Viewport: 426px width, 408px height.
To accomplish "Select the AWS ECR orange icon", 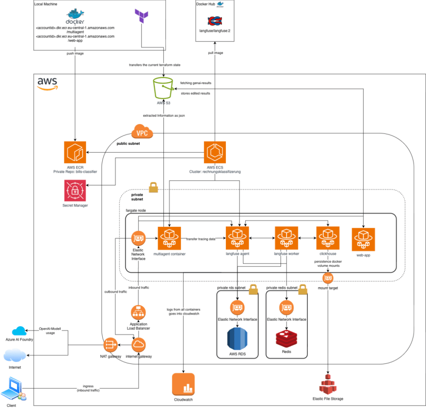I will pyautogui.click(x=75, y=153).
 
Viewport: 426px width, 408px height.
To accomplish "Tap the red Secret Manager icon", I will pyautogui.click(x=75, y=191).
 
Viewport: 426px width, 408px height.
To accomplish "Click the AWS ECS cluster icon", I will pyautogui.click(x=215, y=153).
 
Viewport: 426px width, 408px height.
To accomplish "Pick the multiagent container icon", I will pyautogui.click(x=169, y=238).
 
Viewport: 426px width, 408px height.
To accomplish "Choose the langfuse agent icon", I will pyautogui.click(x=237, y=238).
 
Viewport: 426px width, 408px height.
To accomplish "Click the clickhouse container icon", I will pyautogui.click(x=327, y=238).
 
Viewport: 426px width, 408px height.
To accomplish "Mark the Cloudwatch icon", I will pyautogui.click(x=183, y=384).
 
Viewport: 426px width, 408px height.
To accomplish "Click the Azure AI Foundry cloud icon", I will pyautogui.click(x=19, y=331).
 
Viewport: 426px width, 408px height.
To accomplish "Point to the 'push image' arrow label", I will pyautogui.click(x=75, y=54).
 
